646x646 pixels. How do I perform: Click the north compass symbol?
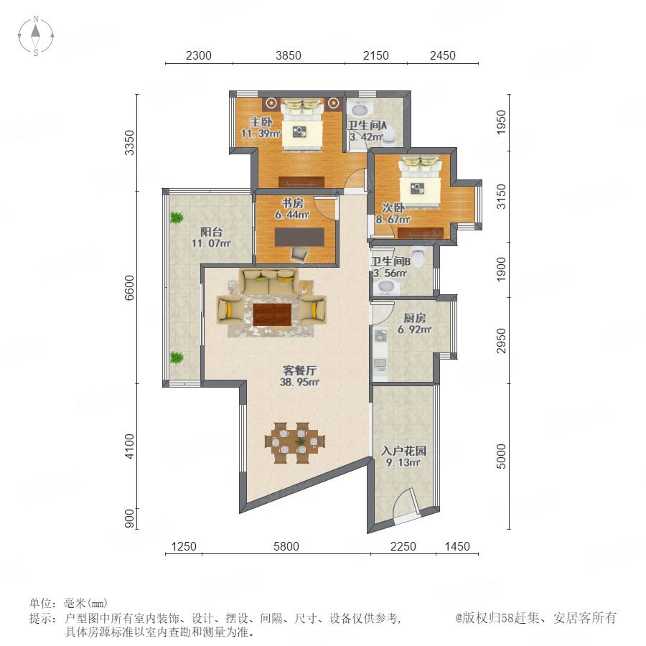click(x=36, y=35)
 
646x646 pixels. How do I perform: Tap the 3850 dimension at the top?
click(x=289, y=55)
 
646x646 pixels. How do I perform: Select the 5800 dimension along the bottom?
click(x=286, y=546)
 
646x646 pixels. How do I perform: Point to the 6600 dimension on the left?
click(x=129, y=288)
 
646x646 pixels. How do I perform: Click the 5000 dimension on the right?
click(x=501, y=456)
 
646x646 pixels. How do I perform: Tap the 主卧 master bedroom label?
click(x=261, y=122)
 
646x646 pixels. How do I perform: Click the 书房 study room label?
click(x=292, y=203)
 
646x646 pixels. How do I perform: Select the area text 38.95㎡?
click(x=299, y=382)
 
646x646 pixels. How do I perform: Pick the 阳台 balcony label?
click(x=211, y=232)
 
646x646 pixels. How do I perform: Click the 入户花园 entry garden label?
click(x=403, y=451)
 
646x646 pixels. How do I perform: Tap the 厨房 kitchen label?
click(x=414, y=318)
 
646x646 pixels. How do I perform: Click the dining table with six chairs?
click(x=295, y=442)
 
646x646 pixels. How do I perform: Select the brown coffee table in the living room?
click(x=272, y=314)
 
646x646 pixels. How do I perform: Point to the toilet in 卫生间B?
click(x=418, y=257)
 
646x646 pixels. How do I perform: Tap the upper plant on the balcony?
click(x=177, y=217)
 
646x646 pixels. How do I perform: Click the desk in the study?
click(x=299, y=237)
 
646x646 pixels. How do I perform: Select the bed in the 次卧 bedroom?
click(x=420, y=182)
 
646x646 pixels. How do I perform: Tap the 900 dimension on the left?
click(x=129, y=518)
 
